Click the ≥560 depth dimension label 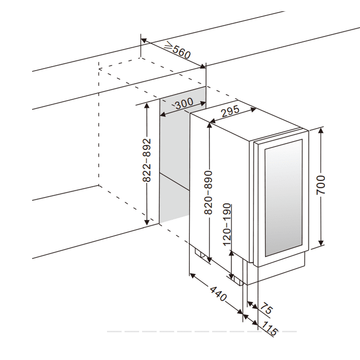pyautogui.click(x=177, y=51)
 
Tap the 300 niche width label pyautogui.click(x=183, y=104)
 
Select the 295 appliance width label pyautogui.click(x=230, y=111)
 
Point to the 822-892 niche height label pyautogui.click(x=147, y=161)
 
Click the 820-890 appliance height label pyautogui.click(x=209, y=192)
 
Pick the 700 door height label pyautogui.click(x=320, y=185)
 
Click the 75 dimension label pyautogui.click(x=265, y=308)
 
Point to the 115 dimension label pyautogui.click(x=270, y=329)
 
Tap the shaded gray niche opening pyautogui.click(x=174, y=161)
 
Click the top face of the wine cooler pyautogui.click(x=248, y=126)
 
